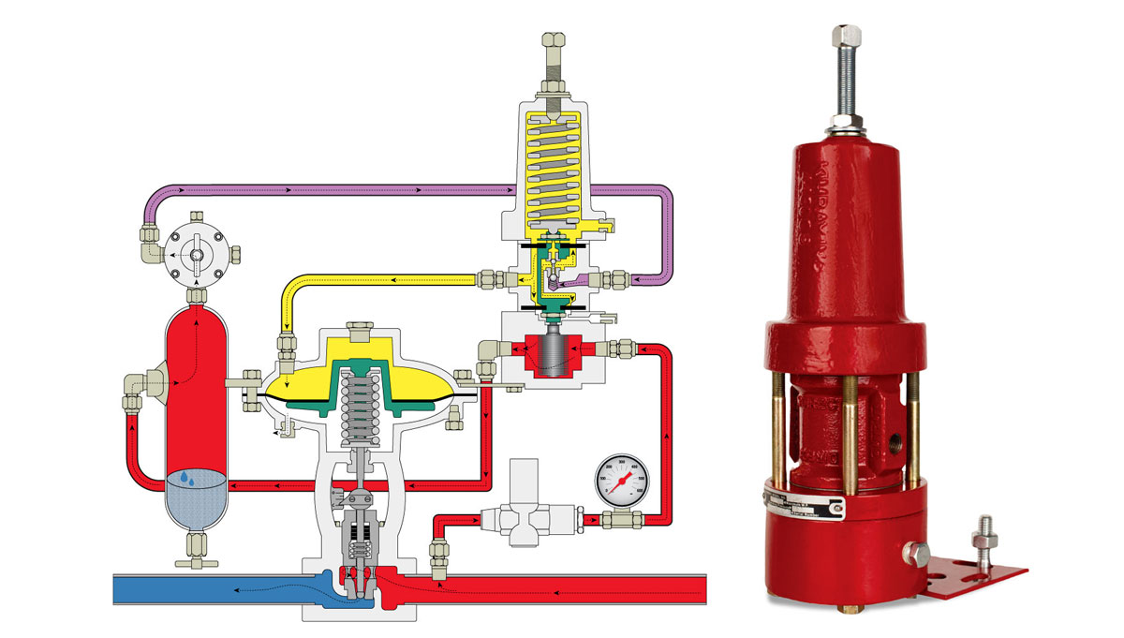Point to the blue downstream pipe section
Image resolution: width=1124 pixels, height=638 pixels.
(x=206, y=589)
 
